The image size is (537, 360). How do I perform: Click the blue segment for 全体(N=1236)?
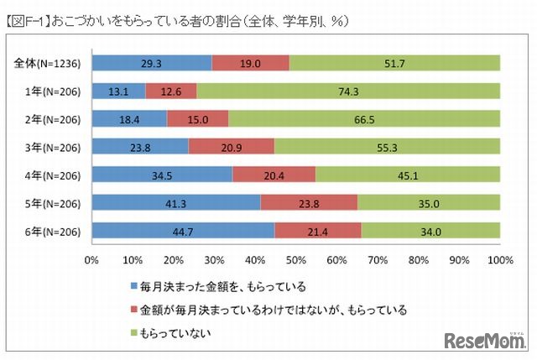[x=152, y=63]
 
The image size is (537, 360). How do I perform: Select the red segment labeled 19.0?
[x=250, y=63]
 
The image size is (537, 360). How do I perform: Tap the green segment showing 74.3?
[x=348, y=91]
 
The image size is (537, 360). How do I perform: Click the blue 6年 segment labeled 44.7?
[x=183, y=231]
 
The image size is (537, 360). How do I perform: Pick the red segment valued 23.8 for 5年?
[x=309, y=202]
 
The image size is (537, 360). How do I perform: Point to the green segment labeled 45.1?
[x=408, y=175]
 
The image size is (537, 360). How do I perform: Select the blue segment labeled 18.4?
[x=129, y=118]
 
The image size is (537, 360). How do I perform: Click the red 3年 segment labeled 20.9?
[x=232, y=147]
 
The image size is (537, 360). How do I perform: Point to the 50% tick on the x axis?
[x=296, y=259]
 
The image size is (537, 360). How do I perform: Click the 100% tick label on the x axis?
[x=500, y=259]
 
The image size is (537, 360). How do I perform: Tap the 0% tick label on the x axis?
[x=92, y=259]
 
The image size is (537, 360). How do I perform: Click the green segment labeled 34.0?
[x=430, y=231]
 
